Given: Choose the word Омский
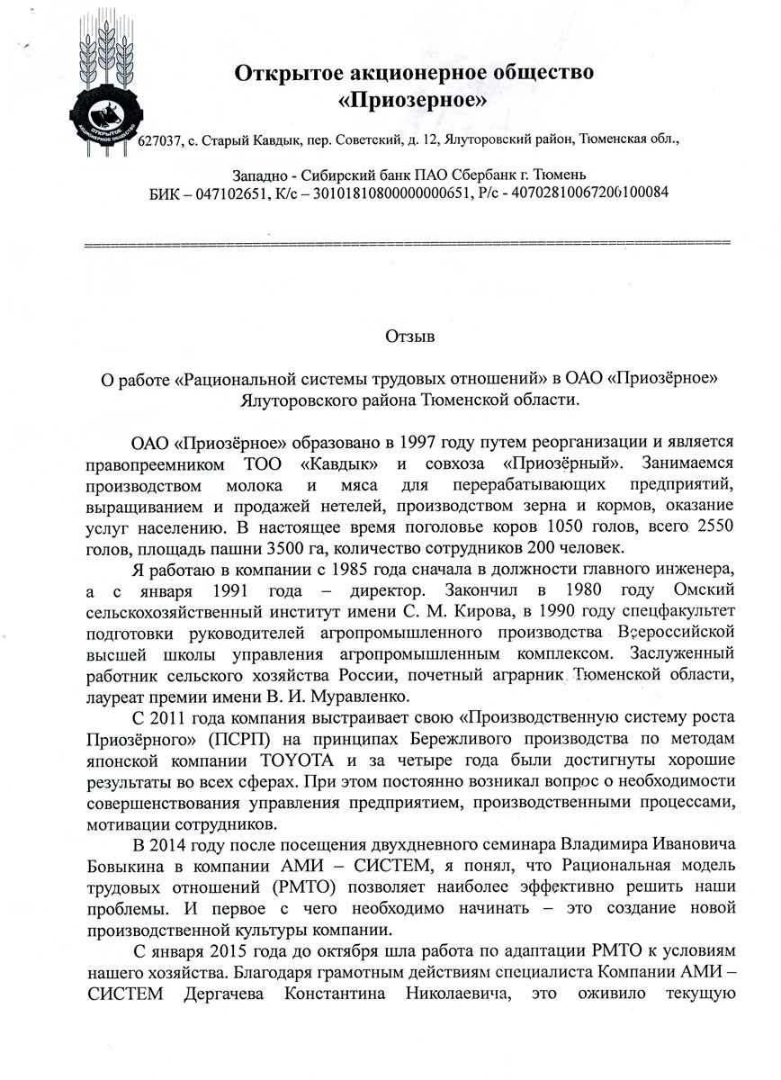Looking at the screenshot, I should (x=698, y=591).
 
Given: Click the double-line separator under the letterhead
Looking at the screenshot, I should (x=405, y=245).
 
